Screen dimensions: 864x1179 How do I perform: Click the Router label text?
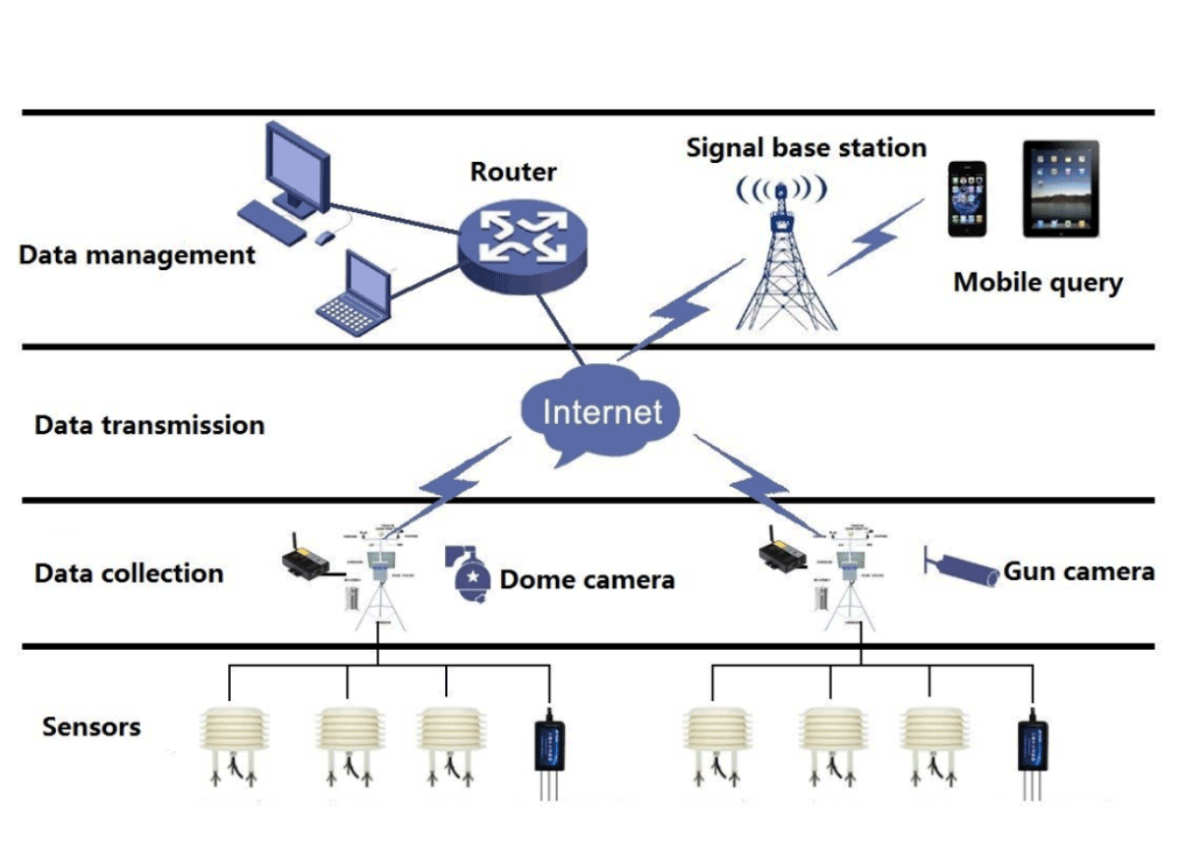pos(513,172)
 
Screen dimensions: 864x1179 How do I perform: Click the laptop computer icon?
pos(354,290)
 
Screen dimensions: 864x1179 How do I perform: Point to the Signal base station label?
pos(806,148)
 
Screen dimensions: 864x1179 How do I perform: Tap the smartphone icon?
pos(967,199)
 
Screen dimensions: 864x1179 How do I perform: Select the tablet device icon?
pos(1059,189)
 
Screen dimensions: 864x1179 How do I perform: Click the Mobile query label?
pos(1038,283)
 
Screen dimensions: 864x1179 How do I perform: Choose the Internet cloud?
pos(601,411)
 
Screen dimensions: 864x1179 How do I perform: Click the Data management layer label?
pos(138,256)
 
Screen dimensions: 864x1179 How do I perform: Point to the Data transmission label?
pos(149,426)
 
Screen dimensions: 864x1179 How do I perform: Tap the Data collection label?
pos(129,573)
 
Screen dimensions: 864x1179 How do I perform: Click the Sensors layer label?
pos(91,728)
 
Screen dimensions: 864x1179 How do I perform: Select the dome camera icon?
pos(471,575)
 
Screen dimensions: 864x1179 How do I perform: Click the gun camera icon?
pos(963,567)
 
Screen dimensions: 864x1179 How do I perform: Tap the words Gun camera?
pos(1078,571)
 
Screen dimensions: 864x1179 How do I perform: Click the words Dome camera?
pos(587,580)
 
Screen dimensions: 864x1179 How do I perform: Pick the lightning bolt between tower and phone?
pos(876,237)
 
